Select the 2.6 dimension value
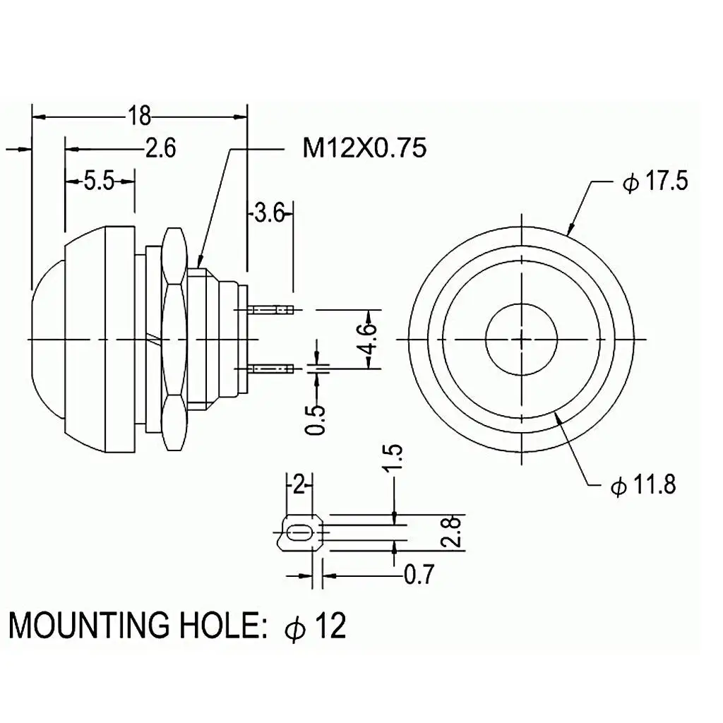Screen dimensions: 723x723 coord(160,149)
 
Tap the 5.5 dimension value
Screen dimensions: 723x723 coord(99,181)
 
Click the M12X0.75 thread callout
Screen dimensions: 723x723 coord(364,148)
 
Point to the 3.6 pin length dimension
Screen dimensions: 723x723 coord(268,212)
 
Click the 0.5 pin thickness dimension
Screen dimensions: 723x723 coord(318,420)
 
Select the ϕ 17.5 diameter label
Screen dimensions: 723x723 coord(655,181)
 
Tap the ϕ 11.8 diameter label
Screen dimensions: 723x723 coord(643,486)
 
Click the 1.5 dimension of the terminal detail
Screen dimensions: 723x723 coord(395,459)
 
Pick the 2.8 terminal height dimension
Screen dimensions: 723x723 coord(454,531)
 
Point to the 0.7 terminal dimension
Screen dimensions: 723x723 coord(419,576)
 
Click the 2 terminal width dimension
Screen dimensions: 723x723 coord(299,485)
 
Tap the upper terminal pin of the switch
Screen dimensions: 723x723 coord(272,309)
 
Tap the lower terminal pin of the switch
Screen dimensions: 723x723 coord(272,368)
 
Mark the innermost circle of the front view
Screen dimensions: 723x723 coord(522,339)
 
